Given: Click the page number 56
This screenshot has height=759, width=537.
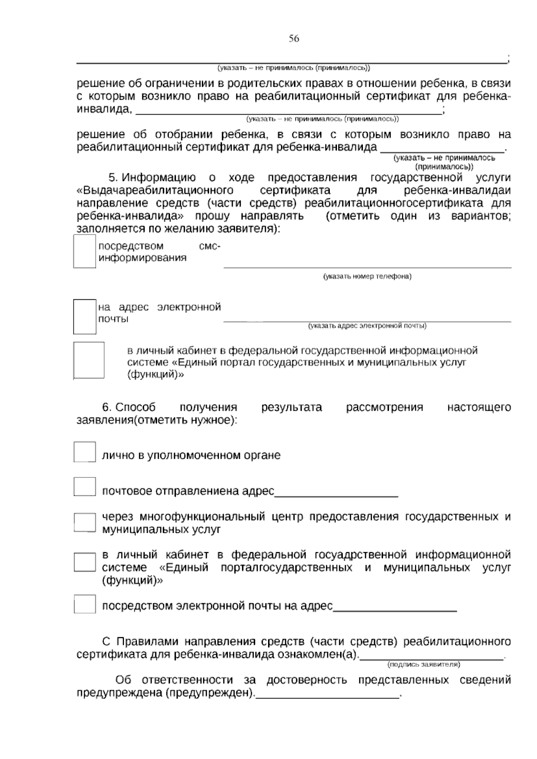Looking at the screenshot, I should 294,39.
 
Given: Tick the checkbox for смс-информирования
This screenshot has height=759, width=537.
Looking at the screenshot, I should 85,252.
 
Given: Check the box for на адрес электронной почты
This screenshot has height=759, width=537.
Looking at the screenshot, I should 85,316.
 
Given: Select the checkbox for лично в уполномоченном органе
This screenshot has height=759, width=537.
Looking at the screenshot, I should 85,452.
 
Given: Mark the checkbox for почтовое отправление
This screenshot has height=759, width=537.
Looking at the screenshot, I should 85,486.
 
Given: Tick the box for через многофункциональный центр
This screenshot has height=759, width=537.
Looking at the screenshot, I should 85,522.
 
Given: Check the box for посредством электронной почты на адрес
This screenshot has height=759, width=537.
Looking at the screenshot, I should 85,604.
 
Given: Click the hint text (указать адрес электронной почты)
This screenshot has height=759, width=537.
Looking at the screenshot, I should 367,326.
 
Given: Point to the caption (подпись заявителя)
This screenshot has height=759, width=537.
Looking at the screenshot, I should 423,665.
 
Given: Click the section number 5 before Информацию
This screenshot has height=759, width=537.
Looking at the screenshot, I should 112,178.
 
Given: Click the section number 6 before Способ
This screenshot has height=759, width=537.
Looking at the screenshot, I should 106,408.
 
